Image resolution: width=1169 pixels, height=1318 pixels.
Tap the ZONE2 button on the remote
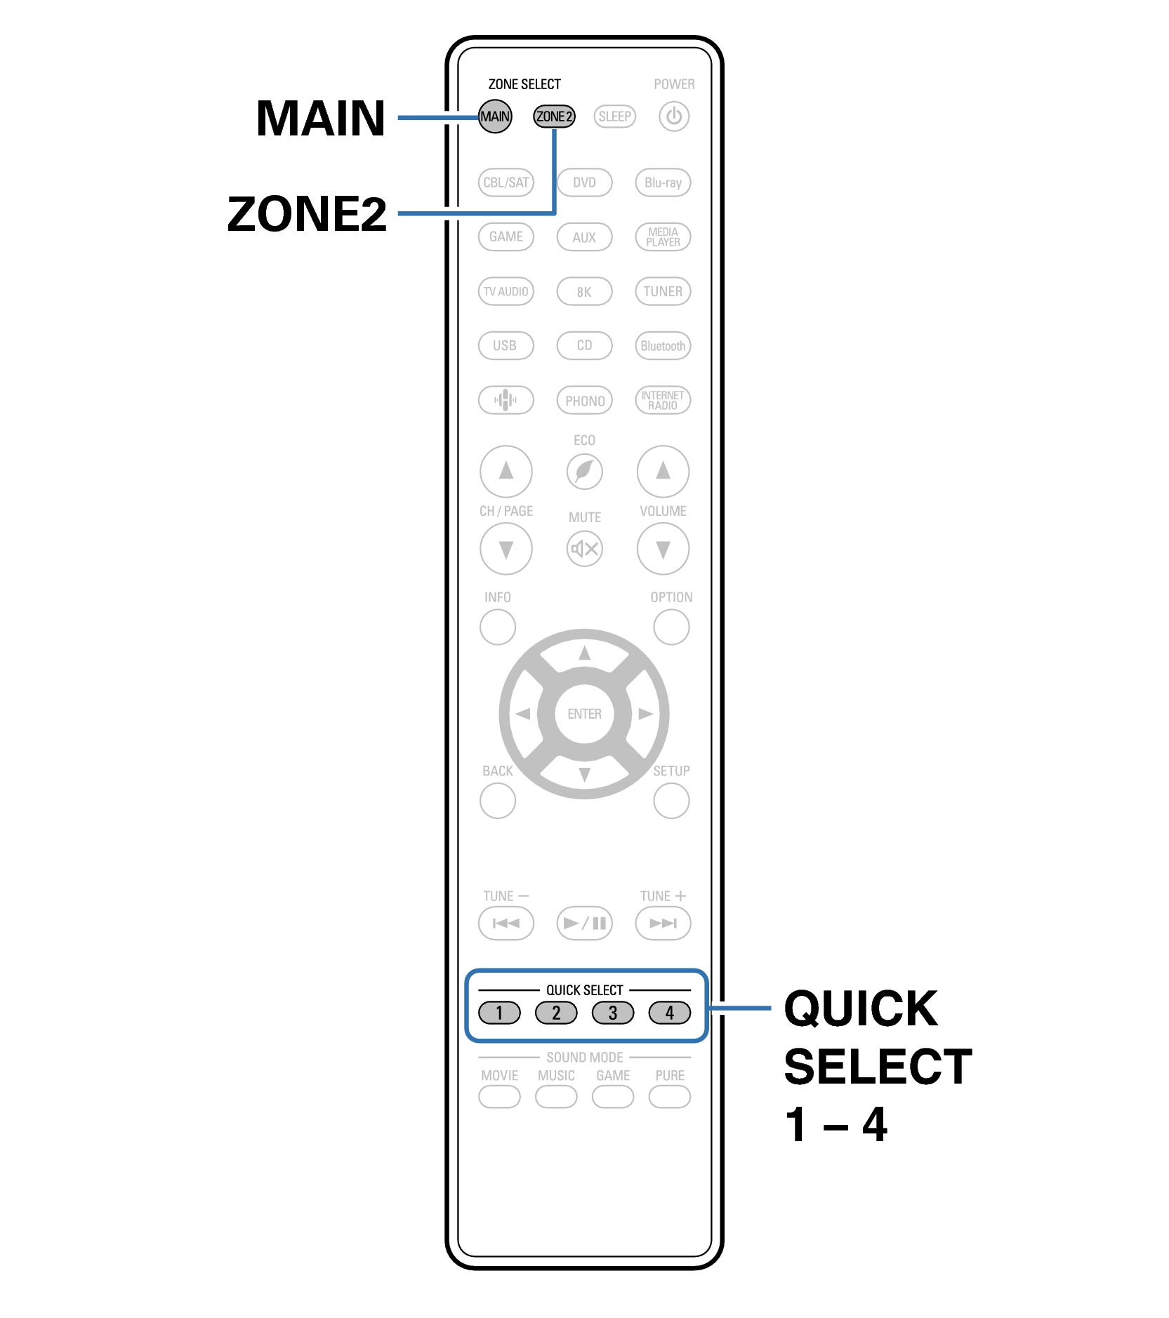point(554,117)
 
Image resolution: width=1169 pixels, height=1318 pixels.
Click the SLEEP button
point(614,117)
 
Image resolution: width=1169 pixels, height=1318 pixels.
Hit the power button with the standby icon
point(673,117)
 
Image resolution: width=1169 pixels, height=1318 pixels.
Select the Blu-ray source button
point(663,182)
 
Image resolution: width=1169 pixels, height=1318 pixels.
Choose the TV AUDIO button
point(506,291)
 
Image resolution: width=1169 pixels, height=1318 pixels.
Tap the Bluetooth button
point(663,346)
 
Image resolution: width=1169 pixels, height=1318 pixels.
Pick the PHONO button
point(584,401)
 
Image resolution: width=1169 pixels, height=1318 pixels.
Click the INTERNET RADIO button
point(663,400)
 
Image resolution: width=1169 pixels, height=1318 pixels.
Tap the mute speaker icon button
point(584,548)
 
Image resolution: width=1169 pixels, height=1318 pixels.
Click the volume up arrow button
point(663,471)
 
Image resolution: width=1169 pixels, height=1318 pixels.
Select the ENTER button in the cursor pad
point(584,714)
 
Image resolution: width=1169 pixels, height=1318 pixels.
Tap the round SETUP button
point(671,800)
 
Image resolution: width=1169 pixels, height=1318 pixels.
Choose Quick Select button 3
point(612,1013)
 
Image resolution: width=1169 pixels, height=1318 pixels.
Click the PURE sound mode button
point(669,1096)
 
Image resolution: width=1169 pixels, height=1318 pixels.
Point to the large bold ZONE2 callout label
point(307,214)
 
